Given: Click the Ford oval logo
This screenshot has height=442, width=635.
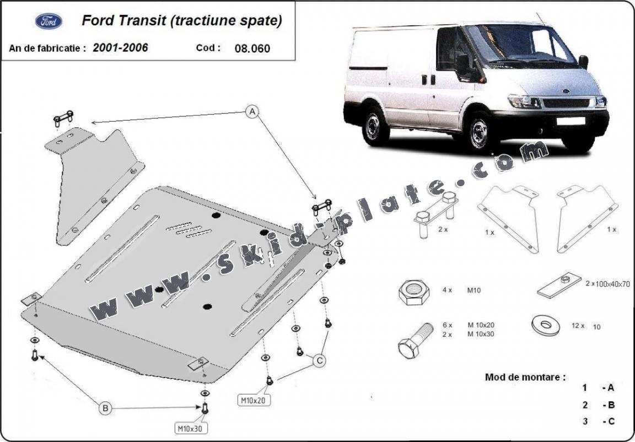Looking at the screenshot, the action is point(49,21).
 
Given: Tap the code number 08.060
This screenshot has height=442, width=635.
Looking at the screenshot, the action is point(252,48).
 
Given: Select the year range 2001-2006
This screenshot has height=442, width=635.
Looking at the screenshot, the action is point(120,48).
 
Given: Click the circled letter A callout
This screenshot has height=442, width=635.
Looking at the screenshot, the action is point(252,112).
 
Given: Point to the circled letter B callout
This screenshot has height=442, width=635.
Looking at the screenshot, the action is point(105,408).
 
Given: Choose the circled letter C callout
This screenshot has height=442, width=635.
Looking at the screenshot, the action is point(320,360).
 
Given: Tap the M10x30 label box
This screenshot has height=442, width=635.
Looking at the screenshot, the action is point(191,428).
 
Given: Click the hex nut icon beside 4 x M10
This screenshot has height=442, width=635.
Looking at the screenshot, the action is point(414,293).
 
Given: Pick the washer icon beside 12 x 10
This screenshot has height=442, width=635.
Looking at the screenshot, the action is point(545,325).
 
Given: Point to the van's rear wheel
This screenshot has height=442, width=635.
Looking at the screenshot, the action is point(375,125).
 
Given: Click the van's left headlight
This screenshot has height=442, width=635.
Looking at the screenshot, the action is point(524,101).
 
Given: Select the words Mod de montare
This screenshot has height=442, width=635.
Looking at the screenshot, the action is point(525,377).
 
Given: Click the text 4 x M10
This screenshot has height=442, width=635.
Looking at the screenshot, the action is point(461,290).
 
